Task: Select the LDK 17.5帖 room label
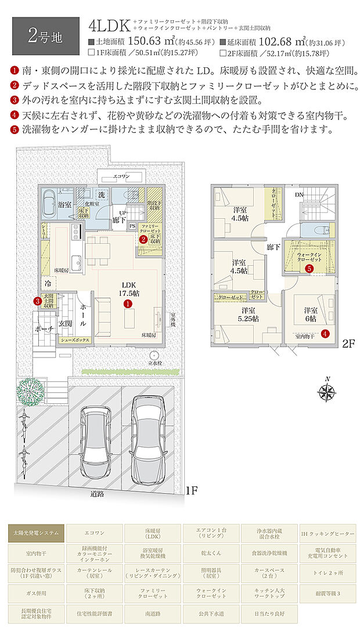[x=129, y=289]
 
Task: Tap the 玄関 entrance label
[x=64, y=322]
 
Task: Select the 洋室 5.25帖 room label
[x=250, y=314]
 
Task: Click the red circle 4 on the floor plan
[x=325, y=333]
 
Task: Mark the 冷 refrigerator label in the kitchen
[x=46, y=284]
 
